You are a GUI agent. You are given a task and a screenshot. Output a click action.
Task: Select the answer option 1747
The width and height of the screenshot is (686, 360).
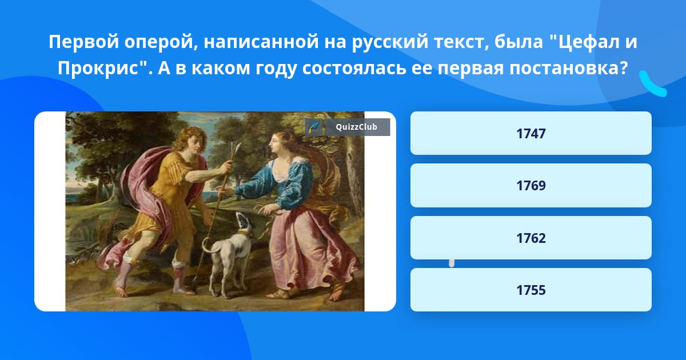click(x=531, y=133)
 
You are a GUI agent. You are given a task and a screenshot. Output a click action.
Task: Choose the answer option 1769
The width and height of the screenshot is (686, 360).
click(x=531, y=186)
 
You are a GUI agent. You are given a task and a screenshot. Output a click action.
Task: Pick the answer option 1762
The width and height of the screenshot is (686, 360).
click(x=531, y=238)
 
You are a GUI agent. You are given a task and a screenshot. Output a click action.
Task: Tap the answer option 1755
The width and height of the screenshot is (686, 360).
click(x=531, y=290)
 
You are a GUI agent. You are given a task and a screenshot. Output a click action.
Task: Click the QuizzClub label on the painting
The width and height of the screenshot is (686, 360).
click(x=357, y=127)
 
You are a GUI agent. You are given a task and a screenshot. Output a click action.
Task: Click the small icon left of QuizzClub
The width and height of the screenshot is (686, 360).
click(x=314, y=127)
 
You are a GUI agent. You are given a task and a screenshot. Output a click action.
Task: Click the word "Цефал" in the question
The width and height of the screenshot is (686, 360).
click(x=585, y=42)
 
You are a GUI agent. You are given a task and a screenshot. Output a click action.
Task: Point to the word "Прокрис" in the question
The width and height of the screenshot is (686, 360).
click(x=98, y=68)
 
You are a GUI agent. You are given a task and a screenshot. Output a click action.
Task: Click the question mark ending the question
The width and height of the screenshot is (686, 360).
click(x=623, y=67)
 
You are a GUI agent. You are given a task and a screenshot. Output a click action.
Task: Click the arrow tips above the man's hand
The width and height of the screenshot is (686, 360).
click(x=236, y=147)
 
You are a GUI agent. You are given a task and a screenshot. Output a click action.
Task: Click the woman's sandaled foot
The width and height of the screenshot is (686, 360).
click(x=336, y=293)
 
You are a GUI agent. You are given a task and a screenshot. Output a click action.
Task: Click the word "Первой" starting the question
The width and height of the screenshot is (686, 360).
click(x=83, y=42)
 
